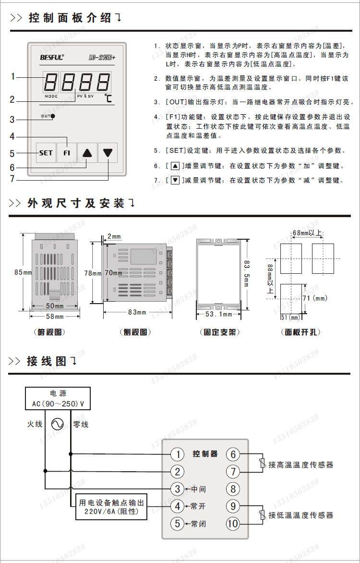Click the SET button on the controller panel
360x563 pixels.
coord(46,153)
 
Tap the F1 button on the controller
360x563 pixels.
coord(66,153)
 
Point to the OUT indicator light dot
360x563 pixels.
coord(53,116)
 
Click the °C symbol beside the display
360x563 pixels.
coord(108,99)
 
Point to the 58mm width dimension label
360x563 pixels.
coord(55,317)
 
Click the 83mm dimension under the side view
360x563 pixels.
coord(137,312)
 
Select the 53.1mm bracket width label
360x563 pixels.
coord(219,314)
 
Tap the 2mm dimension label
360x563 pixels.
coord(114,236)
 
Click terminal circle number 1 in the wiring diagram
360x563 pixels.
coord(178,454)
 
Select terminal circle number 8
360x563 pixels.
coord(233,489)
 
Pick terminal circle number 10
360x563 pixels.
coord(233,523)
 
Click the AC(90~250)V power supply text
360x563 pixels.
coord(58,404)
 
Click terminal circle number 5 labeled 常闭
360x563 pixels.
coord(178,523)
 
